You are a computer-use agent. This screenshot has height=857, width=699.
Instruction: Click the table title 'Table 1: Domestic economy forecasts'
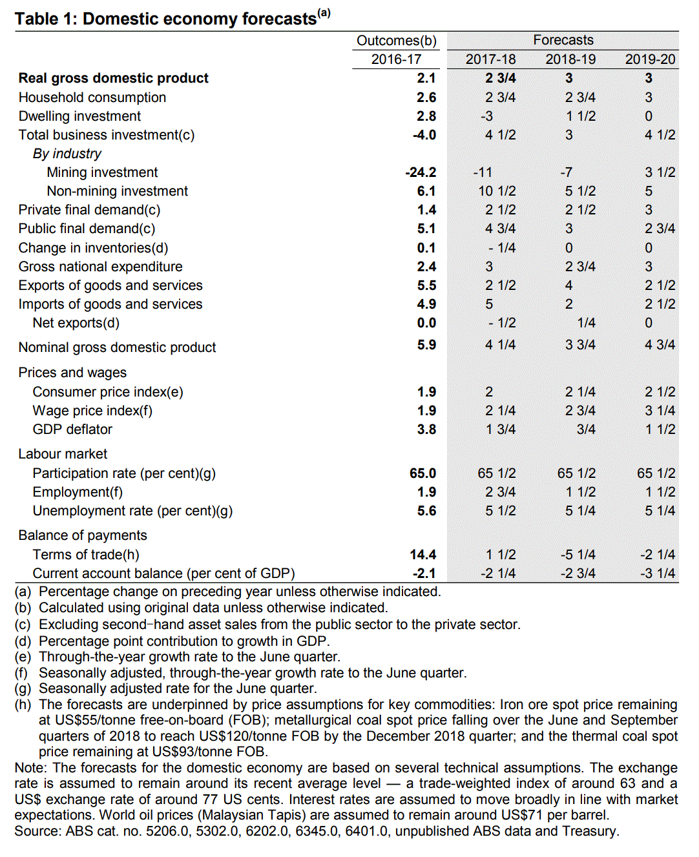click(x=167, y=19)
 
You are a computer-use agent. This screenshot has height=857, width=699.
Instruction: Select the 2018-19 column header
click(x=570, y=59)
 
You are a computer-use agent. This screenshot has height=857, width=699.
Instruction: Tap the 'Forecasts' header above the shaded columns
click(x=563, y=40)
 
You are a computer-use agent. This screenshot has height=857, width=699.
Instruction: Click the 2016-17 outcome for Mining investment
click(x=421, y=172)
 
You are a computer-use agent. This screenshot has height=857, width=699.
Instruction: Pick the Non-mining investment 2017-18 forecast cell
click(x=496, y=191)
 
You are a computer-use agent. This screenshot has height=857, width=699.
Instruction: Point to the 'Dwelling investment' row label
click(x=79, y=116)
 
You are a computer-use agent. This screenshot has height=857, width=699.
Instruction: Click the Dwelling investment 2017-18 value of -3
click(x=486, y=116)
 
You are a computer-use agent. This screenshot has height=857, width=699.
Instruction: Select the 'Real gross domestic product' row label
click(x=113, y=78)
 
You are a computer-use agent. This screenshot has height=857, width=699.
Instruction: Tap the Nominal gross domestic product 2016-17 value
click(x=426, y=345)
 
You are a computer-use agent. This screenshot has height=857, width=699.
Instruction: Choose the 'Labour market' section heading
click(x=63, y=454)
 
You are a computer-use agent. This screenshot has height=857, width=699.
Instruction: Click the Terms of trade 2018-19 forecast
click(x=578, y=555)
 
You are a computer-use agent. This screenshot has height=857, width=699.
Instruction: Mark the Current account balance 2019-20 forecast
click(x=658, y=573)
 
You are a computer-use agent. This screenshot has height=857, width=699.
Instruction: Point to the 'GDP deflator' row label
click(x=72, y=429)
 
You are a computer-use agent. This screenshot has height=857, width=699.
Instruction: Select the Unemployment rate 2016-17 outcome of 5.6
click(x=426, y=511)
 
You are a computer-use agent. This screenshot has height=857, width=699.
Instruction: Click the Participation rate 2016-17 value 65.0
click(x=423, y=473)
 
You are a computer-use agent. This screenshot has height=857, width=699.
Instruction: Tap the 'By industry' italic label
click(x=67, y=154)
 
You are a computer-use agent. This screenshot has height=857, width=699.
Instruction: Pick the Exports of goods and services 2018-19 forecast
click(x=569, y=285)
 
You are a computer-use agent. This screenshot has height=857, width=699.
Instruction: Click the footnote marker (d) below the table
click(x=23, y=641)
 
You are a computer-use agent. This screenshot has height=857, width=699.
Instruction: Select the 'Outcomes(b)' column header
click(x=396, y=41)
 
